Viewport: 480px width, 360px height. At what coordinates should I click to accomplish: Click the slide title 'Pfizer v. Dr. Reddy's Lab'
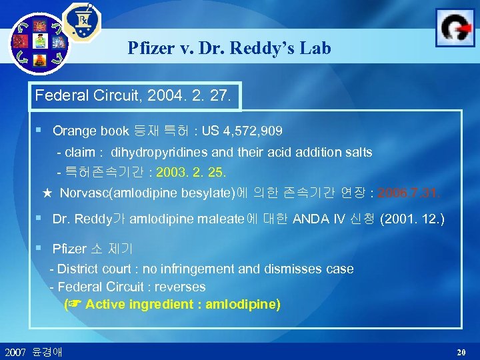point(229,49)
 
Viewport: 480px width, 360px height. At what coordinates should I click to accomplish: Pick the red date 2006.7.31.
point(409,193)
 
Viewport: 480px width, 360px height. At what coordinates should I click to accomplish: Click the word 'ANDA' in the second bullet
point(308,218)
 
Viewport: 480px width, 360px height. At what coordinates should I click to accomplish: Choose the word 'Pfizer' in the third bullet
point(69,249)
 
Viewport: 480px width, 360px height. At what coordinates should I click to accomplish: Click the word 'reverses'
point(179,287)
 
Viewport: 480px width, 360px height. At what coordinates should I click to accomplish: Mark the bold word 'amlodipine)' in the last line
point(243,305)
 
